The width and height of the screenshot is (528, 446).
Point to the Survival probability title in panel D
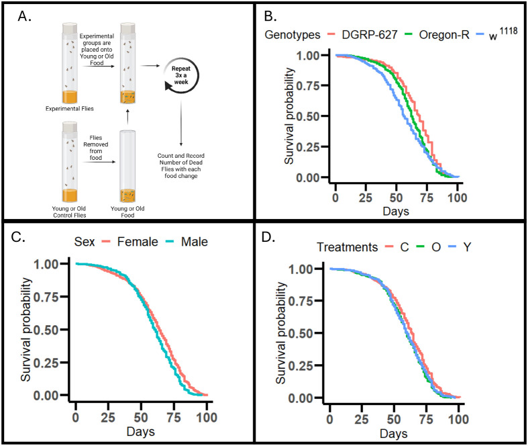284,334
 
